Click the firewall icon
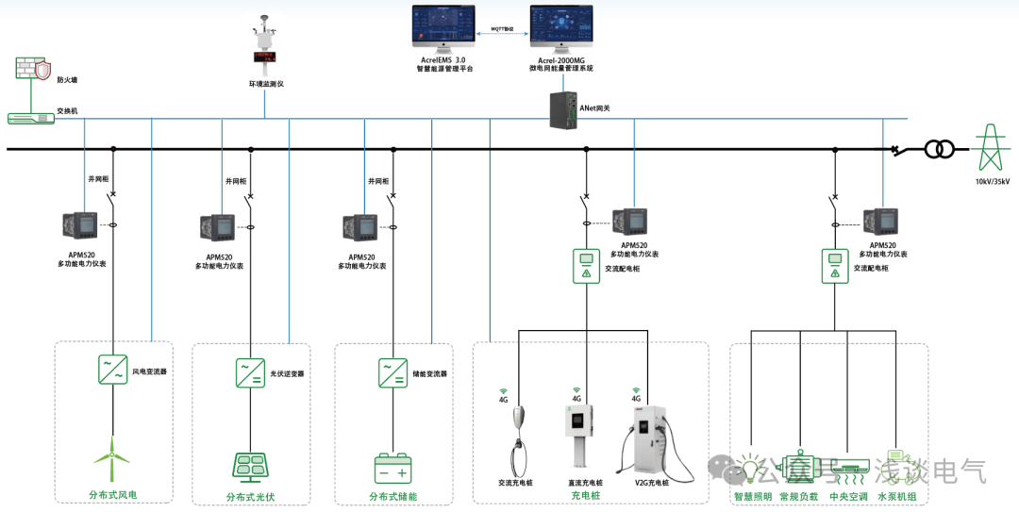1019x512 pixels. (31, 69)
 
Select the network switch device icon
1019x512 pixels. (30, 118)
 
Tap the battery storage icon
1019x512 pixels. (393, 468)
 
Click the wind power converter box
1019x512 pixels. (112, 369)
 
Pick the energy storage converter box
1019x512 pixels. (393, 372)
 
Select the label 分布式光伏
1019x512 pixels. (250, 497)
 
